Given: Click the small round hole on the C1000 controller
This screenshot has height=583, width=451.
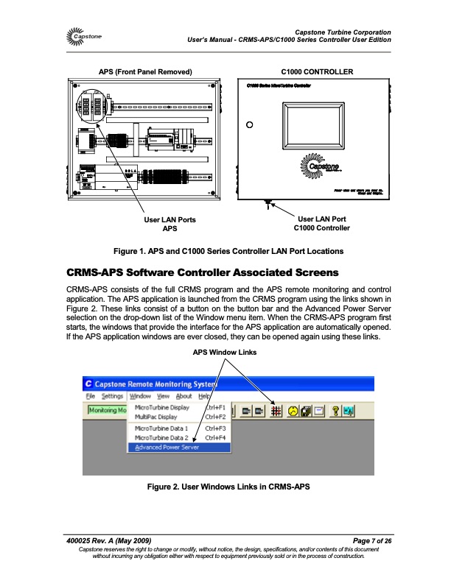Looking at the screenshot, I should click(x=250, y=124).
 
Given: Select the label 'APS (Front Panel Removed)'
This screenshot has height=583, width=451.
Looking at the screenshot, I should click(x=145, y=72).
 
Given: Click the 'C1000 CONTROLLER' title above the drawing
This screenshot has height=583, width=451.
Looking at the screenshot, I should click(x=318, y=72).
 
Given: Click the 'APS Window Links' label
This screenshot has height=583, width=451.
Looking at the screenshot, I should click(x=225, y=353).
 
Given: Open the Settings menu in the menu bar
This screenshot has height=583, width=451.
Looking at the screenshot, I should click(x=113, y=396).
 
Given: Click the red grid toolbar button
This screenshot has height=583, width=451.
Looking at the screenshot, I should click(x=278, y=410).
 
